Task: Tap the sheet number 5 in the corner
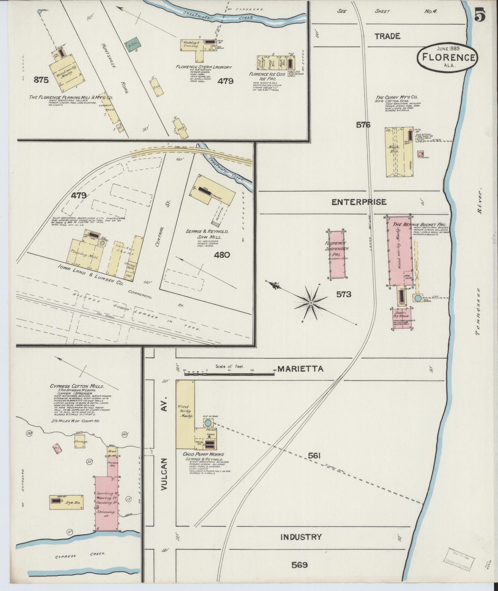pyautogui.click(x=480, y=15)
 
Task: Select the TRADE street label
pyautogui.click(x=387, y=36)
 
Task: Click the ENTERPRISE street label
pyautogui.click(x=359, y=202)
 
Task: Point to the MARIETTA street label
pyautogui.click(x=301, y=369)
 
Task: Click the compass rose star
pyautogui.click(x=311, y=303)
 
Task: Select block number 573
pyautogui.click(x=344, y=294)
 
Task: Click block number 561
pyautogui.click(x=314, y=456)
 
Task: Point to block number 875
pyautogui.click(x=41, y=80)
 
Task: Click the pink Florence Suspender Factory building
pyautogui.click(x=337, y=254)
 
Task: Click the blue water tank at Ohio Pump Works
pyautogui.click(x=208, y=422)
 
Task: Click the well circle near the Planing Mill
pyautogui.click(x=39, y=11)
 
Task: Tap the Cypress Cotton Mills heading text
pyautogui.click(x=77, y=387)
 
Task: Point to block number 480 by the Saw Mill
pyautogui.click(x=222, y=255)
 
